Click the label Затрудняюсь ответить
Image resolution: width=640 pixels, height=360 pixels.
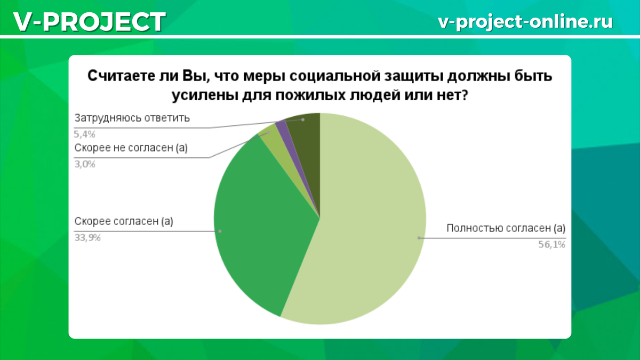point(132,118)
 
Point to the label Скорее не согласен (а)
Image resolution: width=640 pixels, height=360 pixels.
point(131,148)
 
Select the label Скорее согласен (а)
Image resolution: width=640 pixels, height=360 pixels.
point(124,221)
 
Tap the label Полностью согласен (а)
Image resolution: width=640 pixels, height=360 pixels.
point(506,228)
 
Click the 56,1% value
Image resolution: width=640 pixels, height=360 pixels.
point(551,245)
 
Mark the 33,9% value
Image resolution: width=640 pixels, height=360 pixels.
point(87,238)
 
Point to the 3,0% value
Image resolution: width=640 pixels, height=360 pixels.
point(85,164)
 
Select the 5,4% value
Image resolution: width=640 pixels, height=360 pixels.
point(85,134)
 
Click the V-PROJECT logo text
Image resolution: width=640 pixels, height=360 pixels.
point(90,22)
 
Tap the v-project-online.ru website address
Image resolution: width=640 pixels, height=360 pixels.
point(525,22)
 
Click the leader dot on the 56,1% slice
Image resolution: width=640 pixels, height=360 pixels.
point(419,238)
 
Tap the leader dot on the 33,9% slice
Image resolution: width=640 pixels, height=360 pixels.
point(220,231)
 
